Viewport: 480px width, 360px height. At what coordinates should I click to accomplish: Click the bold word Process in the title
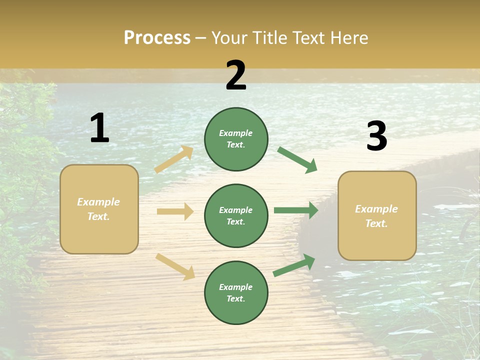(x=157, y=37)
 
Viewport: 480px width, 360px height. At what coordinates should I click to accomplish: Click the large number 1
(x=99, y=128)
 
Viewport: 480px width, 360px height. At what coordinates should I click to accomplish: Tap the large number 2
(x=236, y=75)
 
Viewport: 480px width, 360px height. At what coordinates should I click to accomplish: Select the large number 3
(x=376, y=136)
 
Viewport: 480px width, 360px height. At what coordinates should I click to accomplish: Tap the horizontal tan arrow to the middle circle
(x=175, y=211)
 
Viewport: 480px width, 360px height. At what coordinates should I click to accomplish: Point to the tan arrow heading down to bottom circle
(x=175, y=266)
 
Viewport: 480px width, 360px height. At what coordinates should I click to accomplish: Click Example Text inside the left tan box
(x=98, y=209)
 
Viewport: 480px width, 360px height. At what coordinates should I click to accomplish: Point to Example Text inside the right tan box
(x=376, y=216)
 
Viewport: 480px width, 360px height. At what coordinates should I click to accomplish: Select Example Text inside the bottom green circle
(x=236, y=292)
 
